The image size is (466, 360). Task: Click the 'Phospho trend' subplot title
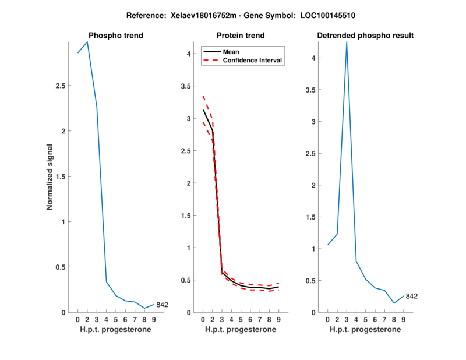115,36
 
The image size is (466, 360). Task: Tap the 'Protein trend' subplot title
241,36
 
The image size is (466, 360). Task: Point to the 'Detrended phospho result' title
365,36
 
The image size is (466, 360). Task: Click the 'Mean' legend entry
231,52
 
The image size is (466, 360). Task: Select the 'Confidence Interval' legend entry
252,60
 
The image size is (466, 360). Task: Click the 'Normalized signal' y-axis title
50,177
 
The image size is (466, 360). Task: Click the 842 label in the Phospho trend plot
162,305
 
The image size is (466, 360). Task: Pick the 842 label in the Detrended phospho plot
411,296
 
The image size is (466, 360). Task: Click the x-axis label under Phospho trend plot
115,330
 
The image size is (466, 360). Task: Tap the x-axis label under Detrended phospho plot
365,330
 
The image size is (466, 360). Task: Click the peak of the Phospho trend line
87,41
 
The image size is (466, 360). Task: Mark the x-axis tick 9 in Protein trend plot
278,319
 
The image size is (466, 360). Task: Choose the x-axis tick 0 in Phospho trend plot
78,319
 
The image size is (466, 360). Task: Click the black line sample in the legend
211,52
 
